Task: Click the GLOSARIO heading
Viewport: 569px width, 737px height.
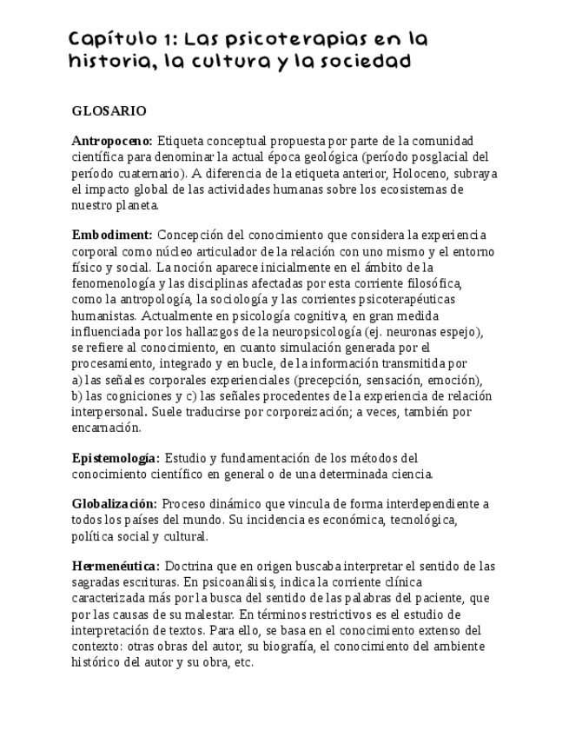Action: click(109, 111)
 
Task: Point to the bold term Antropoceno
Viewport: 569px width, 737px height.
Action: click(112, 141)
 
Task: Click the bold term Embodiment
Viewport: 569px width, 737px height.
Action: click(112, 235)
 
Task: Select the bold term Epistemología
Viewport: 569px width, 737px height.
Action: click(116, 458)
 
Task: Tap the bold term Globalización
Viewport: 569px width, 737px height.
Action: click(114, 504)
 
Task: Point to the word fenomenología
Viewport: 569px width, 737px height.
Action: click(114, 283)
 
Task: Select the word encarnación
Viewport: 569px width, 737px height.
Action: click(105, 428)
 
